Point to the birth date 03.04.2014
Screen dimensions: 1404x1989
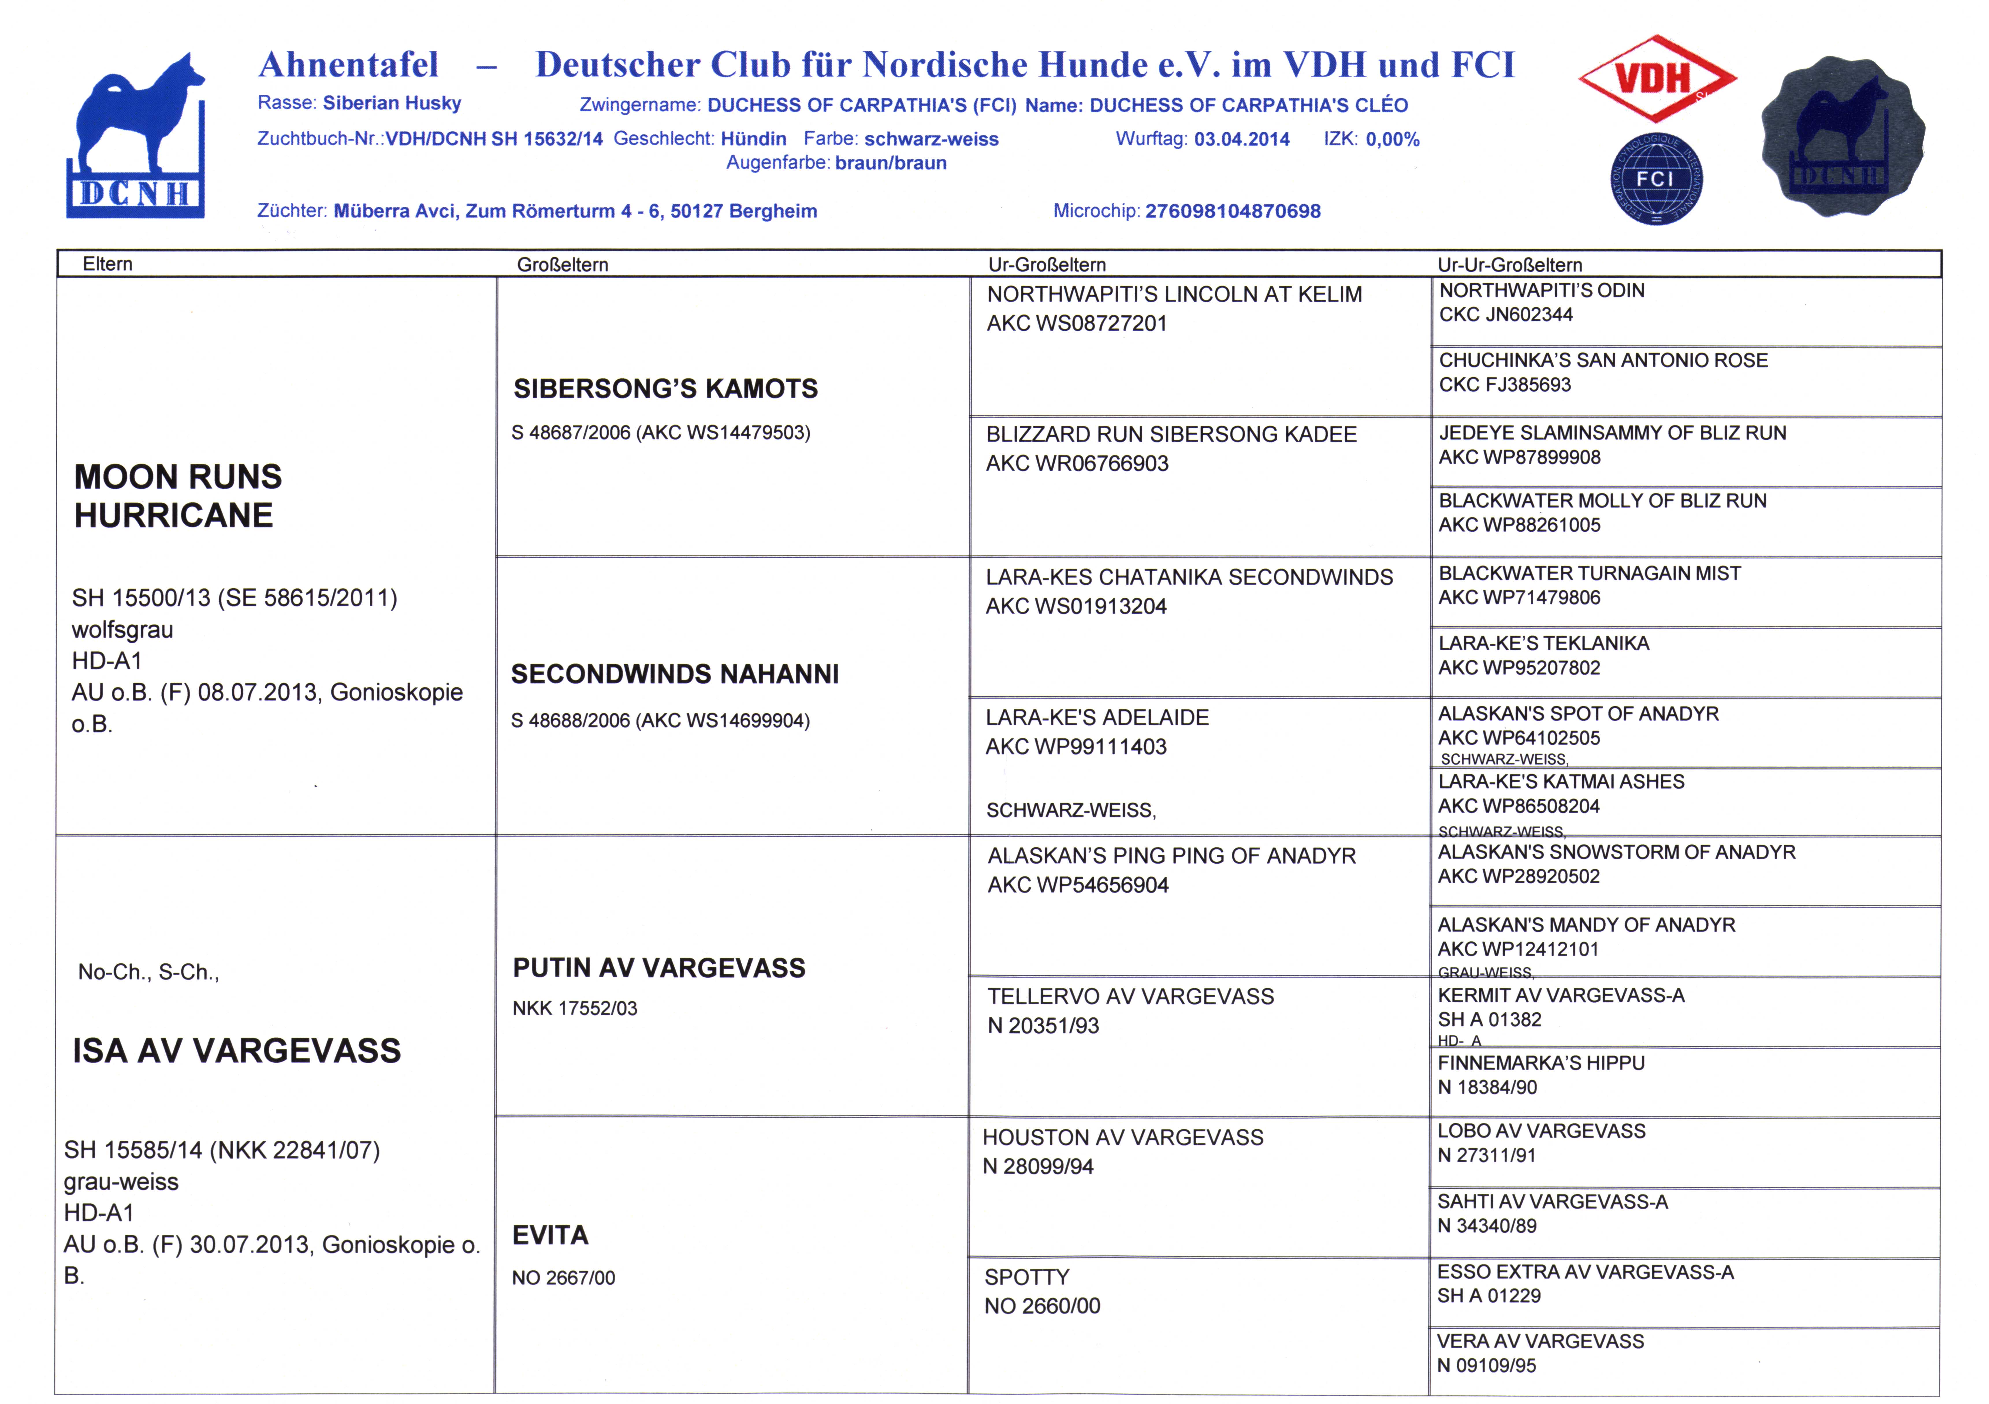coord(1241,139)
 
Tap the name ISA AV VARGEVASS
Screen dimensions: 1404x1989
coord(237,1051)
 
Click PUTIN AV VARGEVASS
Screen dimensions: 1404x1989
coord(658,967)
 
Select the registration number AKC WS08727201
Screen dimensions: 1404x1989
coord(1077,324)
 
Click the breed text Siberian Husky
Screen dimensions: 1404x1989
coord(392,103)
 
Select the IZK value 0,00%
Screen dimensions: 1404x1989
coord(1392,139)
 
